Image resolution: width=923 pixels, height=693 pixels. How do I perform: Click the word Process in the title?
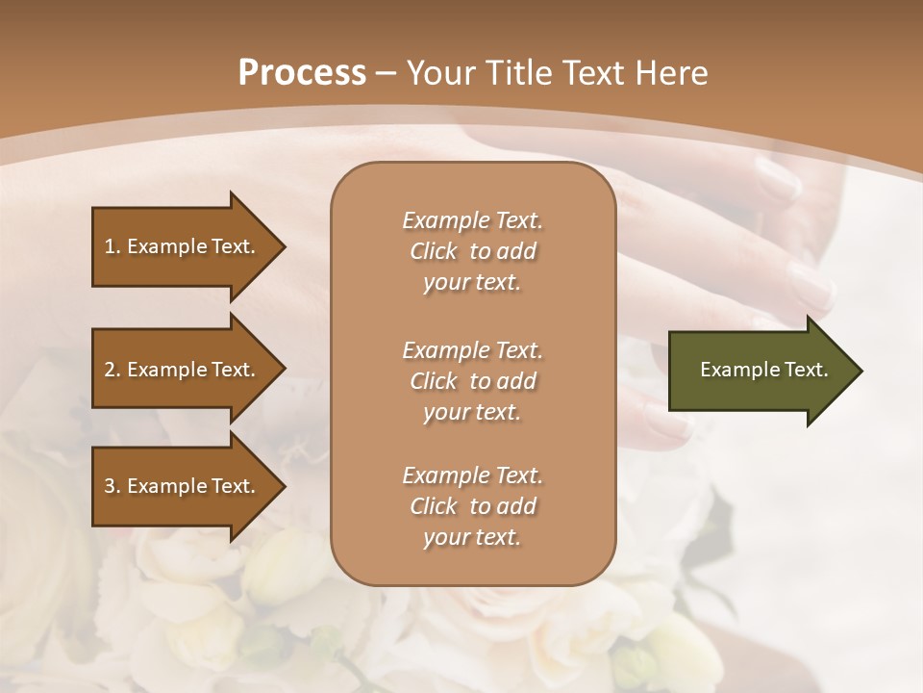(302, 73)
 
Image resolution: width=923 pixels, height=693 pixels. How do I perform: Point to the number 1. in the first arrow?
(112, 246)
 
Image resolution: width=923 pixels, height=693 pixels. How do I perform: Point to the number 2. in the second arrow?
(112, 370)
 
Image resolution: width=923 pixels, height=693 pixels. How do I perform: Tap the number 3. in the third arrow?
(112, 486)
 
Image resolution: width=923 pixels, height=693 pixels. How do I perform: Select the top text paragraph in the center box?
(472, 251)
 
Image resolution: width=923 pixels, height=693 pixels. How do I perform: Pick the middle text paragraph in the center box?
(472, 380)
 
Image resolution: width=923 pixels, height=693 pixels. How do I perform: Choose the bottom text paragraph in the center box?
(472, 506)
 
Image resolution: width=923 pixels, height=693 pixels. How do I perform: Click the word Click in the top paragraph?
(434, 251)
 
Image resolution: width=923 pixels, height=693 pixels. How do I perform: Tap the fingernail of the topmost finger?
(776, 176)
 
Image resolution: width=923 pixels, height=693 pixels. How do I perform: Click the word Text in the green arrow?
(808, 370)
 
